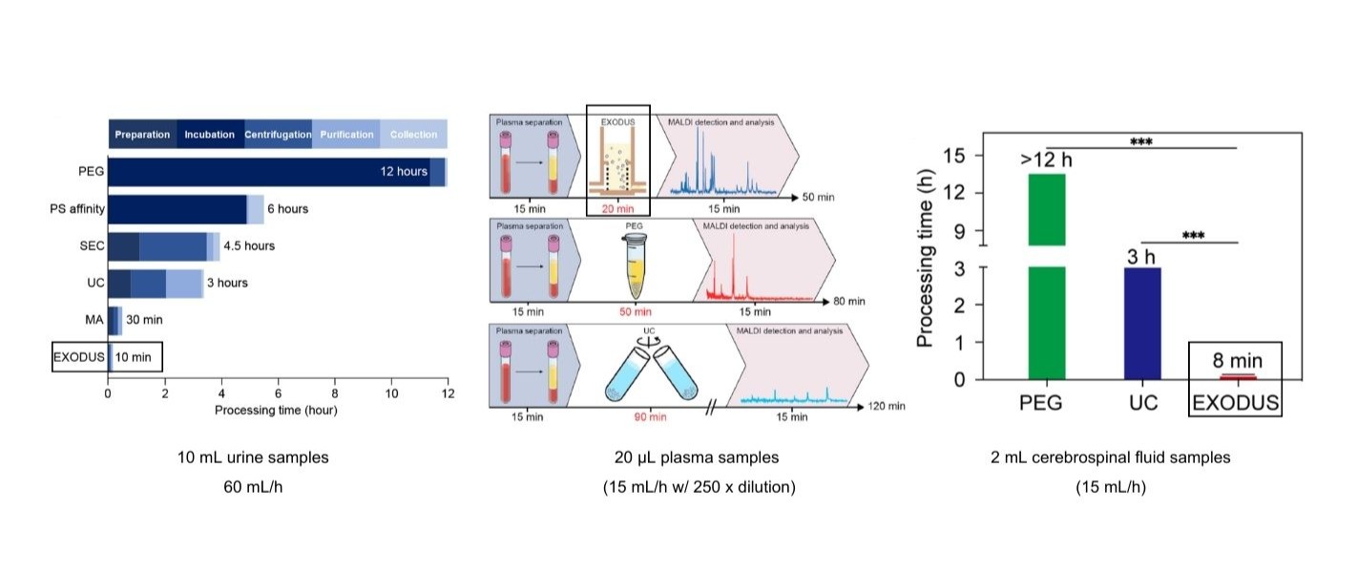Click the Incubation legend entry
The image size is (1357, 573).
point(210,135)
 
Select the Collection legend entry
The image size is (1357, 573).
point(413,135)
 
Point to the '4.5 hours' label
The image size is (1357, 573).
point(248,245)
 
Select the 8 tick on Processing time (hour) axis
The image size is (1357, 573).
point(335,393)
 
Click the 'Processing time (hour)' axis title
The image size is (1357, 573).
point(277,411)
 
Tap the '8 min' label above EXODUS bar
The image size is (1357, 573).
point(1238,361)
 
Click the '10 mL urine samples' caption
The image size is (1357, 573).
point(253,457)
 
